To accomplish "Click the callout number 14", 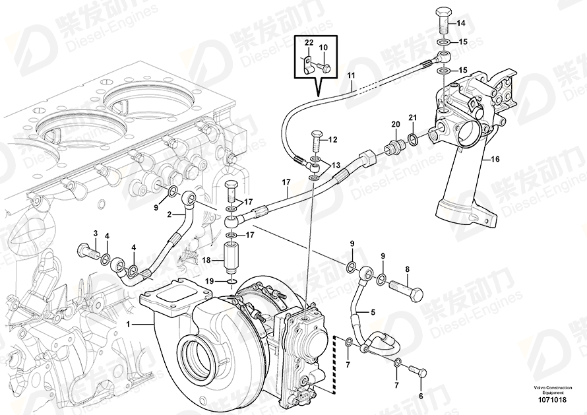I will click(461, 24).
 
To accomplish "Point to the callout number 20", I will click(396, 125).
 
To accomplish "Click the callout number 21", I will click(413, 117).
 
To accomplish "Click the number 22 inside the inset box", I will click(308, 43).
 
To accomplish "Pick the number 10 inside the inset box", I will click(323, 48).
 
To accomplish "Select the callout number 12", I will click(332, 139).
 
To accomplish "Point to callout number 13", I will click(336, 165).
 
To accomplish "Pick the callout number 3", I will click(95, 234).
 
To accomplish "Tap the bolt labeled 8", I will click(402, 287).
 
